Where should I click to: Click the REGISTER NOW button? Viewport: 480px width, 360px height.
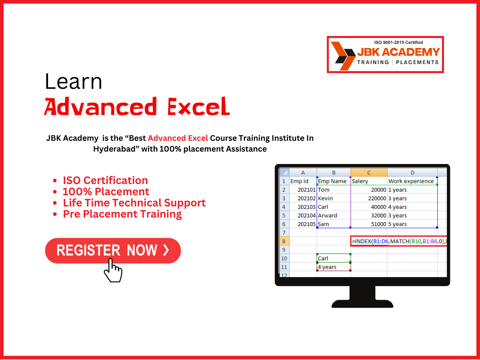(113, 250)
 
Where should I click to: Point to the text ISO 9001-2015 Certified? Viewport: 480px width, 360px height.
(398, 42)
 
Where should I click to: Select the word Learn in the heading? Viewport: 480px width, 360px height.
(74, 82)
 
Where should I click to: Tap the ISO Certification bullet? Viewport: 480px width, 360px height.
(105, 180)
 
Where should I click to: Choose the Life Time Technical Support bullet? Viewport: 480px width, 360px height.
(134, 203)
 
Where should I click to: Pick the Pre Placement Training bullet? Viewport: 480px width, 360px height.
(122, 214)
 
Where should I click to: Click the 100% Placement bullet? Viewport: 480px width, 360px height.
(106, 192)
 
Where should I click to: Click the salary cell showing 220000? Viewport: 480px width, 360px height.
(369, 198)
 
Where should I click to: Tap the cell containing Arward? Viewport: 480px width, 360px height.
(333, 216)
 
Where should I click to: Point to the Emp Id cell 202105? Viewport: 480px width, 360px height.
(303, 224)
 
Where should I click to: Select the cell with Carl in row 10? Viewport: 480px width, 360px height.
(333, 258)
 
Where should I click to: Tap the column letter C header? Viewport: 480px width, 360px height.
(369, 172)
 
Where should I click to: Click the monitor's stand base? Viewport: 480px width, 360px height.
(362, 302)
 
